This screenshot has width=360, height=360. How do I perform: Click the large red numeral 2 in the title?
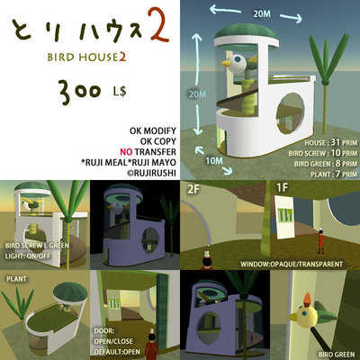(x=159, y=25)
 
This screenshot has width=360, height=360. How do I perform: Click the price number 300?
(x=80, y=91)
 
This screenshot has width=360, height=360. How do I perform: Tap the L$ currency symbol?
(x=120, y=91)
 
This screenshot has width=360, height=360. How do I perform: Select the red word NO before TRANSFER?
(x=126, y=152)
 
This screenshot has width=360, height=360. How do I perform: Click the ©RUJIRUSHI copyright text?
(x=151, y=173)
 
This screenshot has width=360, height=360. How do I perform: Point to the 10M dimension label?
(x=214, y=161)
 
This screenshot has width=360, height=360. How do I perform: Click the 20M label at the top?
(x=262, y=13)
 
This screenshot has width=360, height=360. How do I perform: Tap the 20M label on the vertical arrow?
(x=197, y=94)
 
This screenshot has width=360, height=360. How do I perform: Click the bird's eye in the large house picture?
(x=240, y=61)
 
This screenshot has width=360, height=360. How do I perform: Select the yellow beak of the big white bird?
(x=226, y=63)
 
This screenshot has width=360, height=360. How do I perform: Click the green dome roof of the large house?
(x=247, y=32)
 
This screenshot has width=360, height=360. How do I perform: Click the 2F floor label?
(x=193, y=189)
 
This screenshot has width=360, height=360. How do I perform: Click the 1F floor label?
(x=282, y=187)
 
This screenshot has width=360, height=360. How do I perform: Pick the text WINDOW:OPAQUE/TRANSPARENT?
(x=292, y=265)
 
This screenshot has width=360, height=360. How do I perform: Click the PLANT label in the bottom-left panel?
(x=16, y=279)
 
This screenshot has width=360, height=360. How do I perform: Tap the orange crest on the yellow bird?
(x=308, y=298)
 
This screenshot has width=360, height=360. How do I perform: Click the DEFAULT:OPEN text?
(x=117, y=352)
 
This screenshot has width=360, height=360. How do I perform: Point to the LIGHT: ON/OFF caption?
(x=28, y=256)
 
